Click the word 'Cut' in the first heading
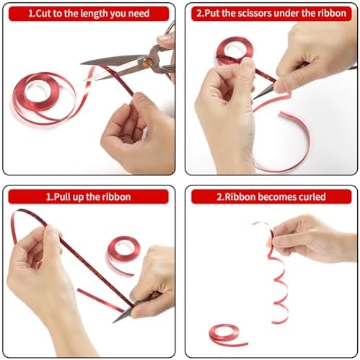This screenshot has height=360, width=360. (43, 14)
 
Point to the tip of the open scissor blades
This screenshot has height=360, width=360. (82, 63)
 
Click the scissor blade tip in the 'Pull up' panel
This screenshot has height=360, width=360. (114, 322)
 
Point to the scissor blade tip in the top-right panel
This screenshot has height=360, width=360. (254, 99)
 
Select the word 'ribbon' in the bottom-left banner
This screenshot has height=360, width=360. (116, 197)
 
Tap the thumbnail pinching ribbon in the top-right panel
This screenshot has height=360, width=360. (247, 63)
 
